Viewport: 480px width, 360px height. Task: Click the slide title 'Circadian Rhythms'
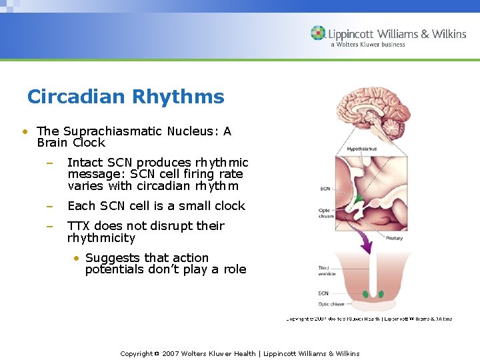125,97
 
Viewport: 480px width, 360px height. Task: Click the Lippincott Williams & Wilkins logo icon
318,33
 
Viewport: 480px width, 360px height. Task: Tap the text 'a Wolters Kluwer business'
367,45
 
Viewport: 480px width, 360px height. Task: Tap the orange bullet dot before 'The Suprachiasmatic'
24,132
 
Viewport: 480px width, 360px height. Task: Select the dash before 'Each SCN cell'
49,207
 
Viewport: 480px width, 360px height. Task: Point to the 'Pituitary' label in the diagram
394,238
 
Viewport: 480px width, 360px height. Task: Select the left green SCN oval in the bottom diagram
365,294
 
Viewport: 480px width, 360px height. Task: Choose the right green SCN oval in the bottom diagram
381,294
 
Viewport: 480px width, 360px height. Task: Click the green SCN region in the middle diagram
358,199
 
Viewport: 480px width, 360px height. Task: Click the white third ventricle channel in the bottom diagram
373,273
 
